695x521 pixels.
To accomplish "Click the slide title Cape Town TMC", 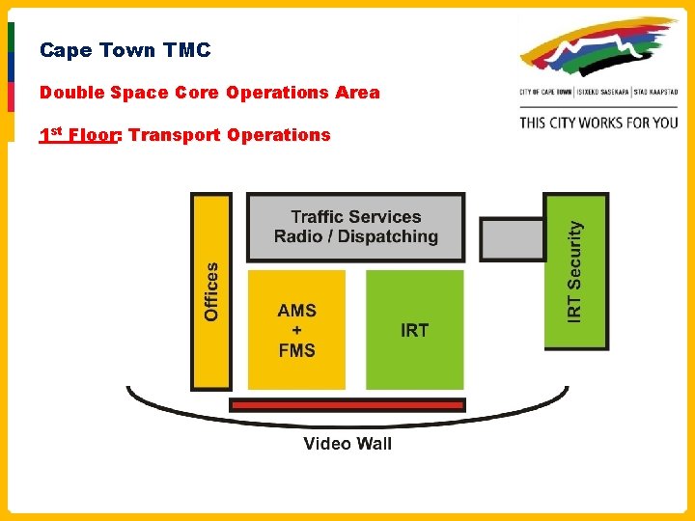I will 125,50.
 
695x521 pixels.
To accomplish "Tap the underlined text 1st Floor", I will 78,135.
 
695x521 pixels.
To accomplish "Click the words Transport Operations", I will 229,135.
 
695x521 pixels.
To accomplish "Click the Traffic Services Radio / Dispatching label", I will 355,227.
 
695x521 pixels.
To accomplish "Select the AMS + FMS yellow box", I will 296,330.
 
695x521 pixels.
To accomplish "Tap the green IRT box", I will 414,330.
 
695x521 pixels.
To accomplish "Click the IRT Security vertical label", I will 575,271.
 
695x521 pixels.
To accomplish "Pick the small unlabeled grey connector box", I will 512,239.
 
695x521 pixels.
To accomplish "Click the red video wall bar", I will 347,405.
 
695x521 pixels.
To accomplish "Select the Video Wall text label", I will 347,444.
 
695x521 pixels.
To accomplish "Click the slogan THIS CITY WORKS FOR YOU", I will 598,123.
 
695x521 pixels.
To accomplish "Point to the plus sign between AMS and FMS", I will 296,330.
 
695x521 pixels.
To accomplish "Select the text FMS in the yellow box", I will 296,350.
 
